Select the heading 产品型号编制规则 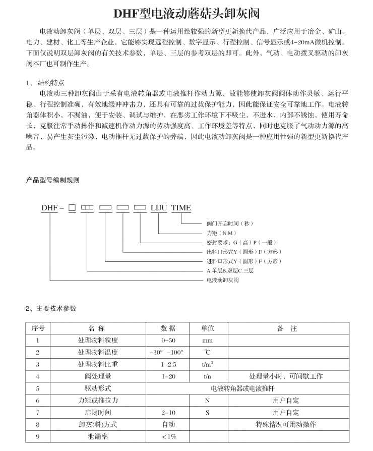point(52,180)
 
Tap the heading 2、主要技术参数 point(51,308)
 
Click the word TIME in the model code point(181,208)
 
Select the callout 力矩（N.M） point(221,233)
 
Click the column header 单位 point(208,328)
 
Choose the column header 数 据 point(168,328)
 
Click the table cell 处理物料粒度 point(98,341)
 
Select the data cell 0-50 point(168,341)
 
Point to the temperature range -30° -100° point(167,352)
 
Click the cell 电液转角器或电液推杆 point(242,388)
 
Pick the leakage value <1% point(168,436)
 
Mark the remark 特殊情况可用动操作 point(286,425)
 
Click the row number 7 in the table point(38,413)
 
